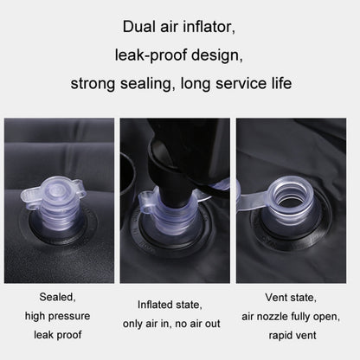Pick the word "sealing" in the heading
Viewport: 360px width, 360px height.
click(x=148, y=84)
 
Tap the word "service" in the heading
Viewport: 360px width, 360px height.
click(x=241, y=84)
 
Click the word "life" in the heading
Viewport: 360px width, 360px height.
click(x=281, y=83)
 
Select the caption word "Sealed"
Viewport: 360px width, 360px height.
click(x=57, y=297)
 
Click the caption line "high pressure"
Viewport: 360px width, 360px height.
click(x=57, y=316)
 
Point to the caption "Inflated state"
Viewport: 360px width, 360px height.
click(x=170, y=305)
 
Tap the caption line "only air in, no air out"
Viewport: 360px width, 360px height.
click(x=171, y=324)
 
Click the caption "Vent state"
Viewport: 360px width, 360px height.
click(x=291, y=298)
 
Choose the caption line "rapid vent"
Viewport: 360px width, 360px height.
click(x=292, y=336)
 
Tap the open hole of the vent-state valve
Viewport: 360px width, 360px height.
click(x=291, y=196)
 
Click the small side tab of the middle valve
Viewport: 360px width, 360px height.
click(x=146, y=204)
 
